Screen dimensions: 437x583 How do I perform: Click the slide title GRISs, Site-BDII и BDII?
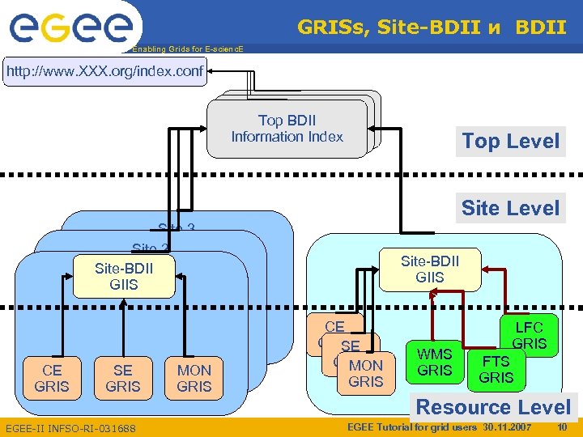coord(432,28)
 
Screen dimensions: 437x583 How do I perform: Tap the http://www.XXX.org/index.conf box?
coord(104,72)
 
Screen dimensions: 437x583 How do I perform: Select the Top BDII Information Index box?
coord(287,129)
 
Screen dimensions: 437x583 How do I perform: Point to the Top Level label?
coord(510,141)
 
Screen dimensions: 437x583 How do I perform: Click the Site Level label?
coord(510,208)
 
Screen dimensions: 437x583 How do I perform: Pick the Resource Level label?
coord(493,407)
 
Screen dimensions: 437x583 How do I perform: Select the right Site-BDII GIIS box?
coord(429,269)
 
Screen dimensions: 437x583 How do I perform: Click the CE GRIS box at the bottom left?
coord(52,378)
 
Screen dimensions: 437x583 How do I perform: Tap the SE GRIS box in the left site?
coord(122,378)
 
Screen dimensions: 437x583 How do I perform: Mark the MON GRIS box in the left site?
coord(194,378)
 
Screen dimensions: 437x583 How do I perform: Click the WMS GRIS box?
coord(434,362)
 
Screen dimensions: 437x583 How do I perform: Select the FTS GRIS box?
coord(496,369)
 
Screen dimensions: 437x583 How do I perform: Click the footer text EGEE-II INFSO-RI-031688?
coord(70,427)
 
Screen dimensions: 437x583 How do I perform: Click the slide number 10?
coord(562,426)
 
